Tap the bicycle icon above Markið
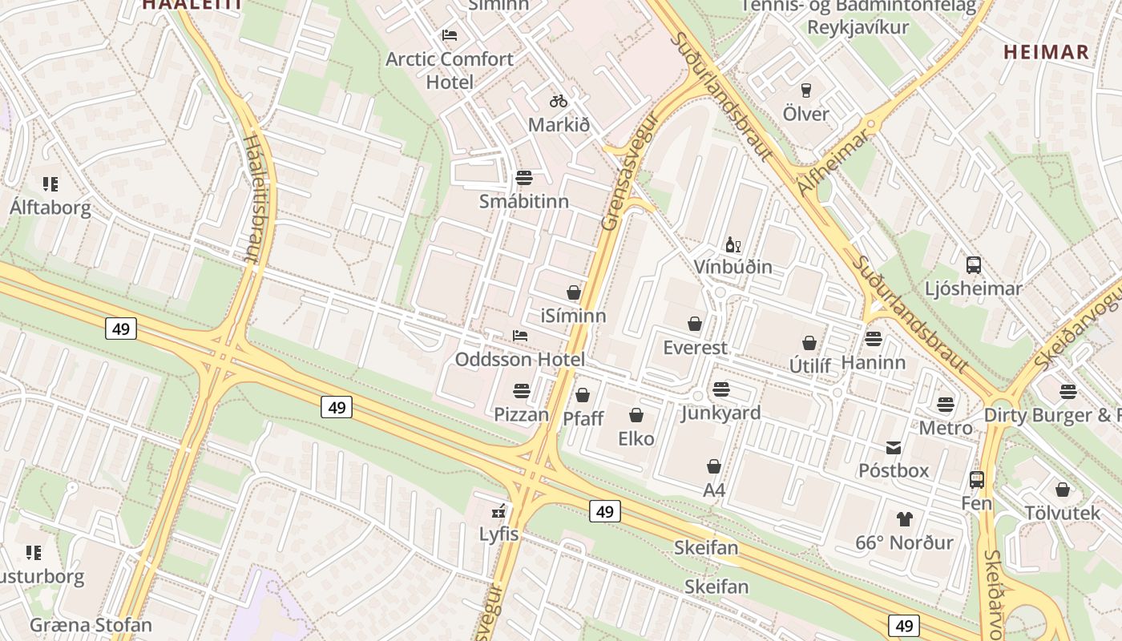(559, 101)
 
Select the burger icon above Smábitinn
(524, 177)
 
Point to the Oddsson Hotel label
(520, 359)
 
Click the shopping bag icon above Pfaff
(583, 395)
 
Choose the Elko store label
(636, 438)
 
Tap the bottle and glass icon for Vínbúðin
(733, 244)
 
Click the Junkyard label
(720, 413)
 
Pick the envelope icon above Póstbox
(894, 447)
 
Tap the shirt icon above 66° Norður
(904, 519)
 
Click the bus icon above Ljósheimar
(974, 265)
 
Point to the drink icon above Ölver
(806, 91)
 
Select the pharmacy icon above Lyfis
(499, 510)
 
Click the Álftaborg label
(50, 208)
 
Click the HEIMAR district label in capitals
(1047, 53)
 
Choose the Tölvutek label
(1063, 512)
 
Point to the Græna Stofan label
(91, 625)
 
